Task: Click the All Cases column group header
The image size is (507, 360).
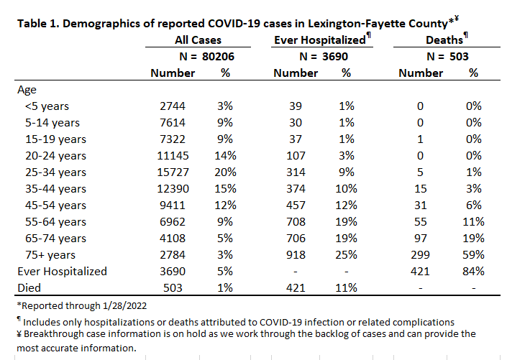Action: [x=198, y=40]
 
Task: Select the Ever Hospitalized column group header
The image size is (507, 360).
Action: [x=320, y=40]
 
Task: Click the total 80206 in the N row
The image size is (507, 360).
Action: [x=218, y=57]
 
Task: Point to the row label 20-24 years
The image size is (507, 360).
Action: [x=55, y=156]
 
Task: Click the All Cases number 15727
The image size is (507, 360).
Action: [x=173, y=172]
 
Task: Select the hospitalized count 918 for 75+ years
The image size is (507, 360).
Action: [x=296, y=254]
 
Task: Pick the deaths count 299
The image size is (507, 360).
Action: [x=420, y=254]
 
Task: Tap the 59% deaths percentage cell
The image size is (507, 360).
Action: [x=473, y=254]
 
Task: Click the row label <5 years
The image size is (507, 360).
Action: [x=47, y=106]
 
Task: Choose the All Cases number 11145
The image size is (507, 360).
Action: [x=173, y=156]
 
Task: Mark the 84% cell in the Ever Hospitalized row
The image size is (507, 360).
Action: [x=473, y=271]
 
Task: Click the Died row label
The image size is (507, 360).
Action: [x=29, y=287]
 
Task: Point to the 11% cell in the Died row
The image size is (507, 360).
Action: [x=346, y=287]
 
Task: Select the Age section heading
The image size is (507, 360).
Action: [x=27, y=90]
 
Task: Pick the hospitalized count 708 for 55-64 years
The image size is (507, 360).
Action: [x=296, y=222]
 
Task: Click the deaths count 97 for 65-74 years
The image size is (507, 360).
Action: [x=420, y=238]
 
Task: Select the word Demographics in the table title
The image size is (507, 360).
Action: [x=102, y=24]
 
